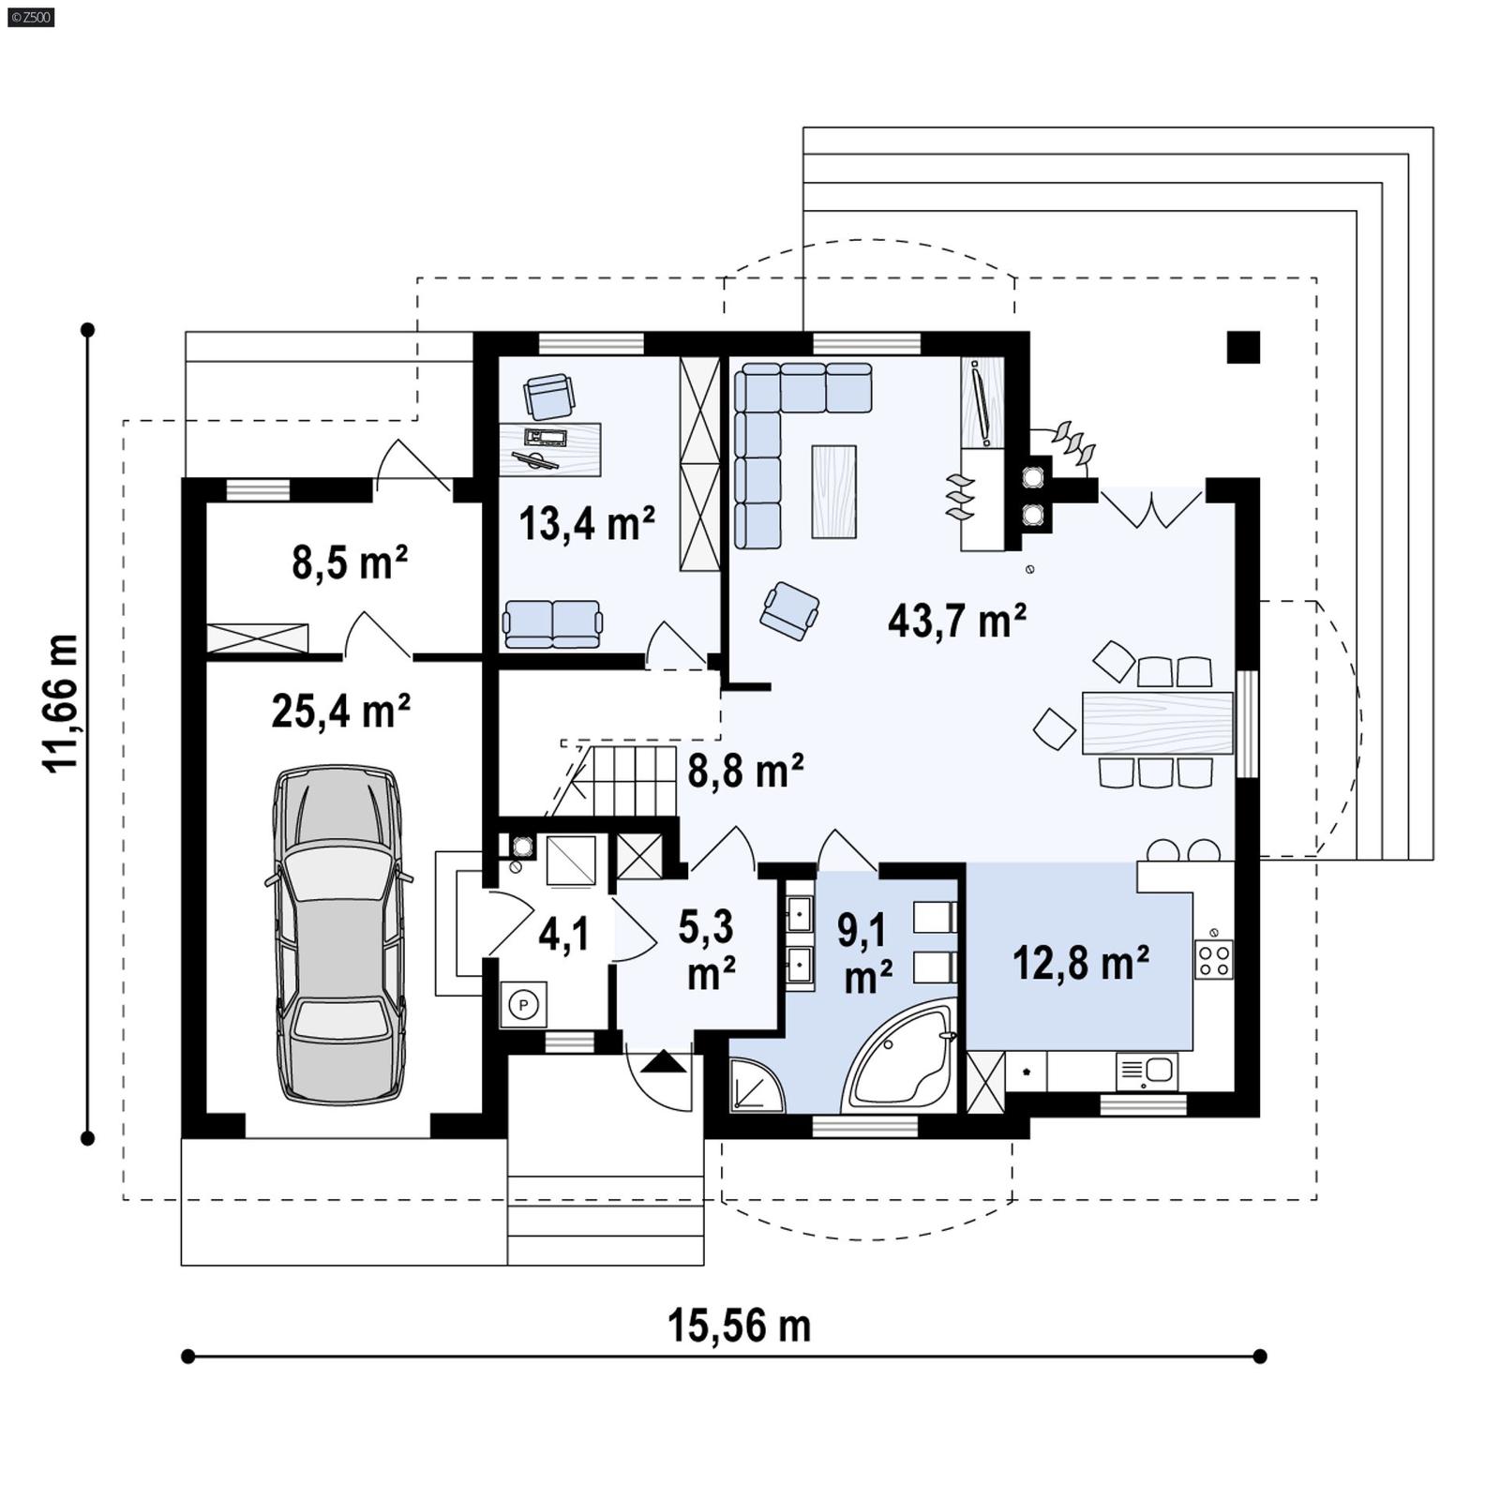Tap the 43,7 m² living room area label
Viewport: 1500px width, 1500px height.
point(956,621)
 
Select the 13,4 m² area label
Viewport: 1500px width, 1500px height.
point(586,523)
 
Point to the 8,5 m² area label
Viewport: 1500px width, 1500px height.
point(349,562)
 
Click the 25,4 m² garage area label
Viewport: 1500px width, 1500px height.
point(340,711)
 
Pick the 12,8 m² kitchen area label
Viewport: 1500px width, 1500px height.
point(1080,963)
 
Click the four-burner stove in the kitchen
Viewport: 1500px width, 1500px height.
point(1213,960)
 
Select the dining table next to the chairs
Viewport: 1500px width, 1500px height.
point(1156,723)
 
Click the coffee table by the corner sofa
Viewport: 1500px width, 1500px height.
point(833,491)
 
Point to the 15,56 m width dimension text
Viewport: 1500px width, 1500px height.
point(739,1327)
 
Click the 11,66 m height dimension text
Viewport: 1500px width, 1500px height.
point(61,703)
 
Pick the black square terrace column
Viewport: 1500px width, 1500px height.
point(1243,348)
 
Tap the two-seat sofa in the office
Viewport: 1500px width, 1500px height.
point(552,624)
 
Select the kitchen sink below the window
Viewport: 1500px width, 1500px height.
point(1147,1071)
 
